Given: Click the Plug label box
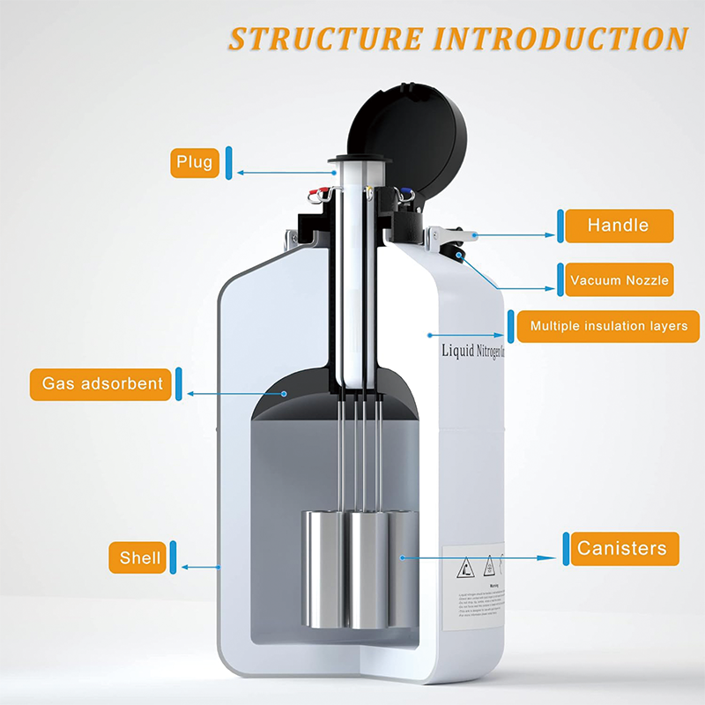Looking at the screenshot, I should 194,162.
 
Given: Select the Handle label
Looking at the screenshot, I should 618,226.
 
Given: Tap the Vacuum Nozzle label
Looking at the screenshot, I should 619,281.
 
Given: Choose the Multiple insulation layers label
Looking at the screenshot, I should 608,326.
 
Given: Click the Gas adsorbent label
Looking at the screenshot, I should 102,383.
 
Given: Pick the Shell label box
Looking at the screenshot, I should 140,557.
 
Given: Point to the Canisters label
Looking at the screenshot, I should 621,548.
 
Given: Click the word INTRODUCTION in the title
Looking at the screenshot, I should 560,39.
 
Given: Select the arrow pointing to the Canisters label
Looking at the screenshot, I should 480,557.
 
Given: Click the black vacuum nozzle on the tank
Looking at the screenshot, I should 460,255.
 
